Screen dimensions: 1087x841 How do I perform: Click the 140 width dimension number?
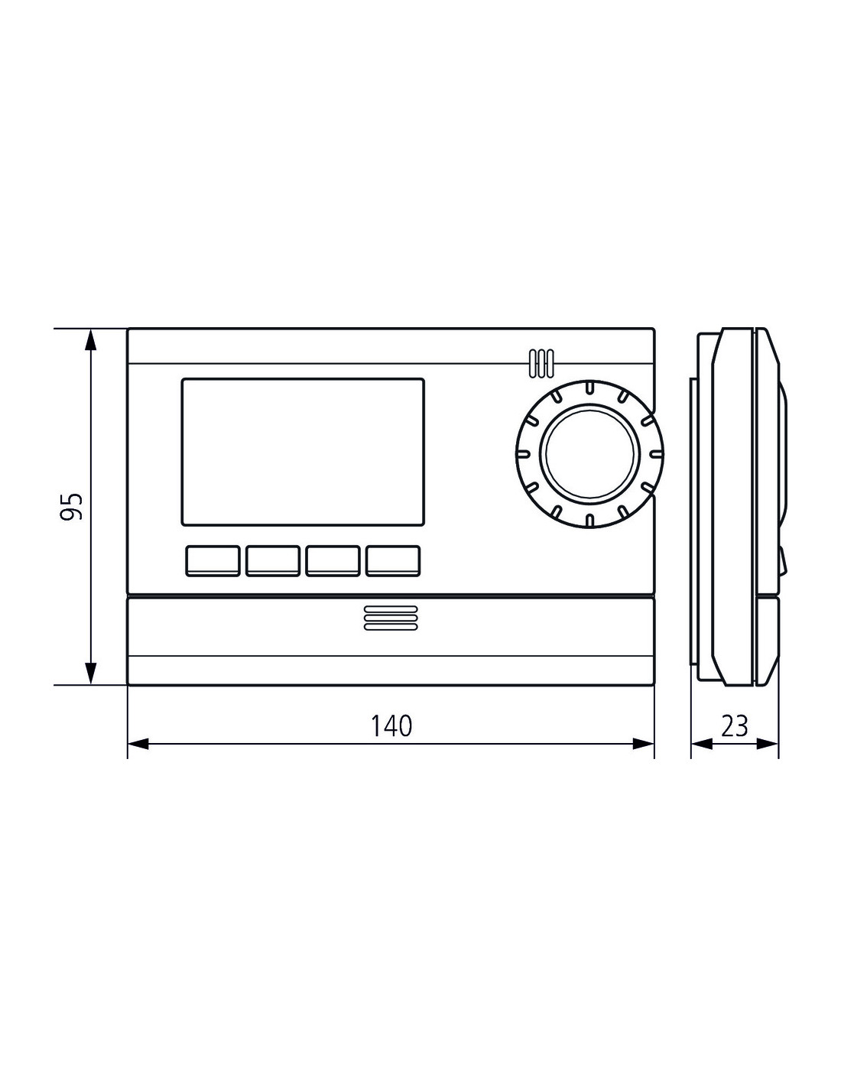(x=391, y=725)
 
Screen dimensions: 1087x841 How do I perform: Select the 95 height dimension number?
(x=71, y=506)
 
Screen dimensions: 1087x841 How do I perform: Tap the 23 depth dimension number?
(x=734, y=725)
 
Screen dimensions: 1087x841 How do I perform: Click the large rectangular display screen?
(x=303, y=452)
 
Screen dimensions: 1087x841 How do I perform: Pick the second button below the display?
(x=273, y=560)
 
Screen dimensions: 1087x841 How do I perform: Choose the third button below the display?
(x=333, y=560)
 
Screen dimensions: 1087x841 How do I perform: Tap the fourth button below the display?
(x=393, y=560)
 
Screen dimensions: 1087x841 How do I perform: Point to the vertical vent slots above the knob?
(x=541, y=363)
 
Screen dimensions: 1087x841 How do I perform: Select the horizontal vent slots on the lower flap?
(x=391, y=619)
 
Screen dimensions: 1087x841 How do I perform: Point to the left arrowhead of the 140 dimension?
(x=138, y=744)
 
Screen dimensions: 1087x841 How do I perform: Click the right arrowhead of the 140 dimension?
(x=644, y=744)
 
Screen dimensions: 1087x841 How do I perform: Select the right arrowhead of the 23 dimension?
(x=768, y=744)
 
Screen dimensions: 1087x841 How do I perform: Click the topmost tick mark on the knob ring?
(x=589, y=387)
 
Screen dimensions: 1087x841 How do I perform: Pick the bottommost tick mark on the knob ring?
(x=589, y=519)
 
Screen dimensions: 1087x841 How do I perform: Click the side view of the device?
(x=738, y=506)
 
